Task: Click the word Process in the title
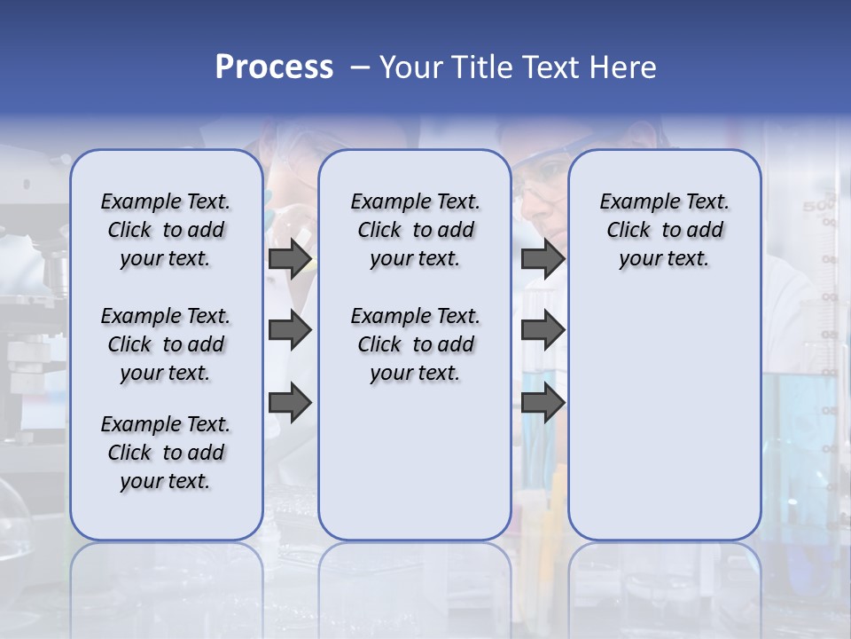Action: coord(274,67)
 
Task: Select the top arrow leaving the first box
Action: coord(290,258)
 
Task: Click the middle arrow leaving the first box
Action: coord(290,330)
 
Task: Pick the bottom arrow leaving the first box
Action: coord(290,403)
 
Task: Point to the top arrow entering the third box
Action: coord(543,258)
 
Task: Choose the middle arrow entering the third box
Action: coord(543,330)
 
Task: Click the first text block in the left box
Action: coord(166,230)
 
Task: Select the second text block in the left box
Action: coord(166,344)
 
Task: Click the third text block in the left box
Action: coord(166,453)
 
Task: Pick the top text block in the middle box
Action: coord(415,230)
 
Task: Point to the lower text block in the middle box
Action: coord(415,344)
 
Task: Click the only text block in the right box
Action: coord(664,230)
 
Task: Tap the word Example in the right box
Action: coord(632,202)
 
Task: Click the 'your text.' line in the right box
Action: coord(664,258)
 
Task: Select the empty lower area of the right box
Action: coord(664,417)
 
